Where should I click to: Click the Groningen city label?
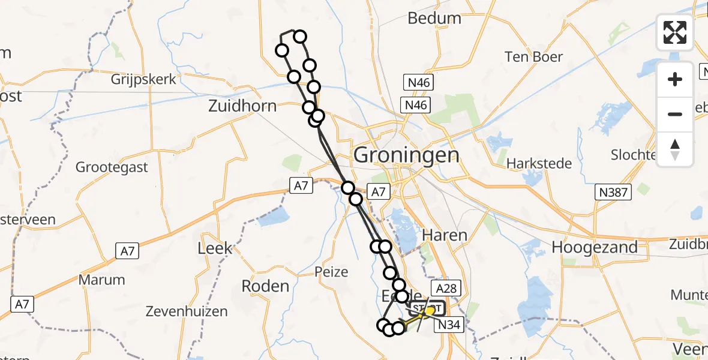(406, 155)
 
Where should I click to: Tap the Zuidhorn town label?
(242, 106)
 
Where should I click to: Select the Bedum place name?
(434, 18)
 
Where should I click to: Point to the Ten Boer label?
(533, 57)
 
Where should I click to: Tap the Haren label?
(445, 235)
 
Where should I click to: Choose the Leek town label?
(215, 248)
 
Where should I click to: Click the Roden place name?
(265, 286)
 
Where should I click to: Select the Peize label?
(331, 272)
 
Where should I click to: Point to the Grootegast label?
(112, 167)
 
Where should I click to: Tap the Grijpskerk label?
(143, 79)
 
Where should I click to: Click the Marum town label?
(102, 280)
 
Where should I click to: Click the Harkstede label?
(535, 163)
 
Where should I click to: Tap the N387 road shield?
(614, 193)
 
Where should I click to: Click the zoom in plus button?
(675, 79)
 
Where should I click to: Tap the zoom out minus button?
(675, 114)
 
